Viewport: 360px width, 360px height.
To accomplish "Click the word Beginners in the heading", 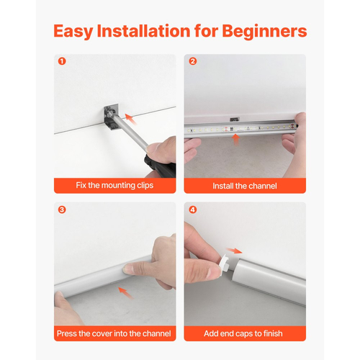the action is click(x=264, y=31).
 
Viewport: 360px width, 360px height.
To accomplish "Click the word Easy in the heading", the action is click(x=73, y=32).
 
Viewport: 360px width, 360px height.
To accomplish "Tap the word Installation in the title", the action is click(x=143, y=31).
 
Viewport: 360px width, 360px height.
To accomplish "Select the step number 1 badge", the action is click(x=62, y=61).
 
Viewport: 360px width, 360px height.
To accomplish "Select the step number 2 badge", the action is click(x=193, y=61).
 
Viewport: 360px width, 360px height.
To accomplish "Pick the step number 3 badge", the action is click(x=62, y=210).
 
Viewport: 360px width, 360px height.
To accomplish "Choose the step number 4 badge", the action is click(x=193, y=210).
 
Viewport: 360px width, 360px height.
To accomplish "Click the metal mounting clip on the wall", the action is click(x=112, y=117).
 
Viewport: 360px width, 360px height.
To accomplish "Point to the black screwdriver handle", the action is click(x=161, y=166).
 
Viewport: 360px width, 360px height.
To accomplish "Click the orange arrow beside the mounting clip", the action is click(x=131, y=120).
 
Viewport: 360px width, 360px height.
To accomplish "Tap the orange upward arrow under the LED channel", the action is click(x=236, y=140).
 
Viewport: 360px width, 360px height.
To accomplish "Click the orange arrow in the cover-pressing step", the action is click(x=126, y=293).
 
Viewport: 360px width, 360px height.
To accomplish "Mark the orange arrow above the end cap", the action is click(x=234, y=251).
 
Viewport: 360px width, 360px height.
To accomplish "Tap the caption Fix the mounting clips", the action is click(x=114, y=185).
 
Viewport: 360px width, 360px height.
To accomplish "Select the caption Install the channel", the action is click(x=245, y=186).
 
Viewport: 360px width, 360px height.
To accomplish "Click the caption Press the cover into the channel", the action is click(x=114, y=333).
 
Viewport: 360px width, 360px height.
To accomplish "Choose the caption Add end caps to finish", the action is click(x=243, y=333).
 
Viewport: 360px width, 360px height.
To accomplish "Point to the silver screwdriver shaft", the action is click(x=131, y=132).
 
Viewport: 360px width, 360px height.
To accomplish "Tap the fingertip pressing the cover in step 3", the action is click(x=128, y=269).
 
